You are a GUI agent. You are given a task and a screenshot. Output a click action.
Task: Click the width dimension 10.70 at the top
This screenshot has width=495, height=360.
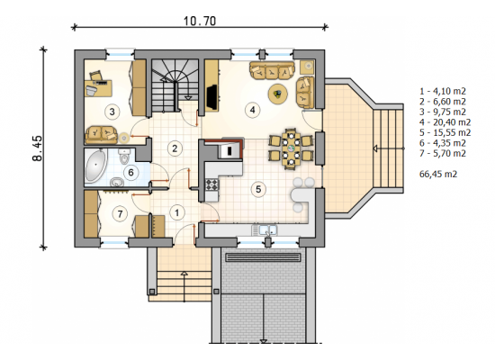(x=200, y=22)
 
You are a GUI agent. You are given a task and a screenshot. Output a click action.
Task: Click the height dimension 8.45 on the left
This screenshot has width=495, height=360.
(x=37, y=148)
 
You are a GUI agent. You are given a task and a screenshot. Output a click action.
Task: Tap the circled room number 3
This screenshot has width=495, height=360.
(x=112, y=112)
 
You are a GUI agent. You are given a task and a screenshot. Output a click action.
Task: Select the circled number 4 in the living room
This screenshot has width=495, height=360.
(x=252, y=110)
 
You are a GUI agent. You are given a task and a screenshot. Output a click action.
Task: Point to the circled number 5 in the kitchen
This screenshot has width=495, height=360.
(x=258, y=189)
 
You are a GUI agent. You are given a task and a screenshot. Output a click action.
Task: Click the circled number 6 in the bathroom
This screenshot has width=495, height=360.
(x=130, y=173)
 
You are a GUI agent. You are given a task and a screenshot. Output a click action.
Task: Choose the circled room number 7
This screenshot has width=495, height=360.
(x=120, y=214)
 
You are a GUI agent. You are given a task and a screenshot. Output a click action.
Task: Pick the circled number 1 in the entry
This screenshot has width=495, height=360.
(x=176, y=212)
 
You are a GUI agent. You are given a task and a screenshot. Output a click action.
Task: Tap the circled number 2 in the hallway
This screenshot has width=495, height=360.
(x=175, y=148)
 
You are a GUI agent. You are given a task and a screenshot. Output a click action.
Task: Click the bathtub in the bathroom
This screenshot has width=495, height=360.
(x=96, y=166)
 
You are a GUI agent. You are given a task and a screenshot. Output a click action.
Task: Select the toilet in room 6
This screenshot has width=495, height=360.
(x=124, y=156)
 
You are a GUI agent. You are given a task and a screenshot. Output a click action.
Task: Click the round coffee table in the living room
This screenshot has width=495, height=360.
(x=278, y=94)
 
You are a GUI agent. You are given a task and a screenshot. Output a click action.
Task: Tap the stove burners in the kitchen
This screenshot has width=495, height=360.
(x=211, y=184)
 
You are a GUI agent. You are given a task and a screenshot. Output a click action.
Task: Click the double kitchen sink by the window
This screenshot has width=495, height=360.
(x=265, y=229)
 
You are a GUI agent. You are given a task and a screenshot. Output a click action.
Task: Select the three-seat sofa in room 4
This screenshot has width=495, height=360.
(x=272, y=70)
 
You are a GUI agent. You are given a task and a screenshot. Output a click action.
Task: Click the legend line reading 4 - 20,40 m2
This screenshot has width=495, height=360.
(x=445, y=122)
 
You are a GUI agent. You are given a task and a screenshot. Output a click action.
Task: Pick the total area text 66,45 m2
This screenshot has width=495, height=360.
(x=438, y=174)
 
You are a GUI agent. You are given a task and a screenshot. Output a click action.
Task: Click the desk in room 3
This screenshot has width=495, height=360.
(x=98, y=88)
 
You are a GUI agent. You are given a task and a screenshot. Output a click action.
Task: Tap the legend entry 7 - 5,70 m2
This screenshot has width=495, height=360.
(x=443, y=154)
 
